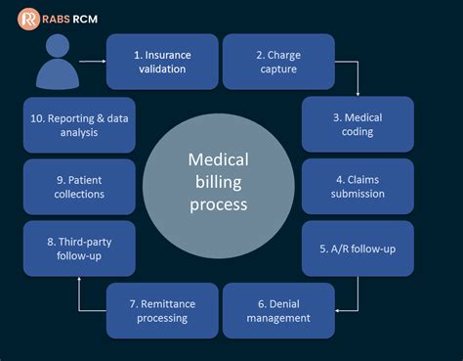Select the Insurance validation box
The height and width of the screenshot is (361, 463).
click(x=161, y=62)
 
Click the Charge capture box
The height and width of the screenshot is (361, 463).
click(x=278, y=62)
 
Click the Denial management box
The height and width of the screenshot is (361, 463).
click(x=278, y=310)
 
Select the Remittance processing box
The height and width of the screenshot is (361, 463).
click(x=161, y=310)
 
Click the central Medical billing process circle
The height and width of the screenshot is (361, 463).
click(x=218, y=186)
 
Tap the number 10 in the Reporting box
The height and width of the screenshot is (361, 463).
click(x=38, y=117)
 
